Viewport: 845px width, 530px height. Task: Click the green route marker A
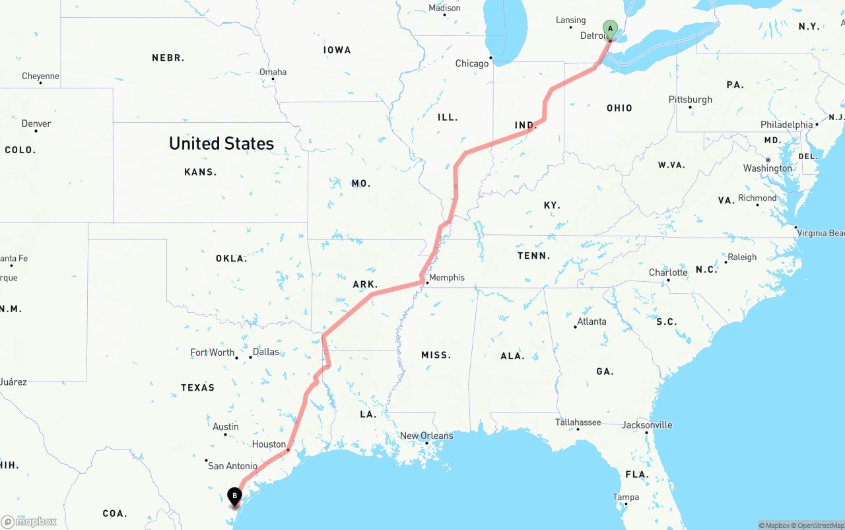click(611, 29)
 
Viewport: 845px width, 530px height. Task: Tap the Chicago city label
click(472, 63)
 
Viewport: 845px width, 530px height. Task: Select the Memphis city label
click(447, 277)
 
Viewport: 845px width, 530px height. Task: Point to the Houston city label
click(269, 444)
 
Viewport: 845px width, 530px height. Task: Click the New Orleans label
click(426, 436)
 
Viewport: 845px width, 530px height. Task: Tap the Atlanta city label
click(591, 321)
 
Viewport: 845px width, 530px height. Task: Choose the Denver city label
click(36, 123)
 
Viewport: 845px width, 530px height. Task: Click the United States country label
click(221, 143)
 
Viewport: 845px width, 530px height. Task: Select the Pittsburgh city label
click(691, 100)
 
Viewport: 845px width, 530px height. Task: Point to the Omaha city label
click(273, 72)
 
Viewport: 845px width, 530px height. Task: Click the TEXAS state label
click(198, 387)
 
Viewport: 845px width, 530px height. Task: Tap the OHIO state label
click(619, 108)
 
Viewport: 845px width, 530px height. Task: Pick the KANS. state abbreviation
click(200, 172)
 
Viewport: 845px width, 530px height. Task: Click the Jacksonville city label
click(647, 425)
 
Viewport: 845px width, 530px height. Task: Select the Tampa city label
click(625, 497)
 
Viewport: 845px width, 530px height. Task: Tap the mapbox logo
click(29, 521)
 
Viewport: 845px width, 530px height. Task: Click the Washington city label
click(767, 168)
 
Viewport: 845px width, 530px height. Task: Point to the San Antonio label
click(232, 466)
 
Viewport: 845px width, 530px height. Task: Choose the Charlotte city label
click(668, 273)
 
